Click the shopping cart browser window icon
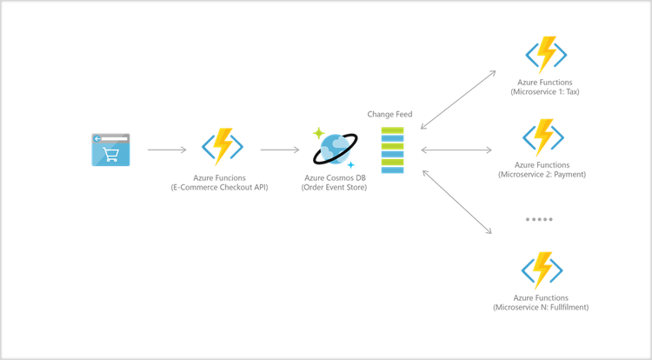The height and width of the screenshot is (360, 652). click(x=110, y=150)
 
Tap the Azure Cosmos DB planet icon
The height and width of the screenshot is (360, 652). click(x=334, y=150)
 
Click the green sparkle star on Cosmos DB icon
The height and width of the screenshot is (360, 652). click(x=318, y=133)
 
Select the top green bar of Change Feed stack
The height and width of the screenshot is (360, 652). click(x=393, y=130)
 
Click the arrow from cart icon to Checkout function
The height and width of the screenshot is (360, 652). click(x=166, y=150)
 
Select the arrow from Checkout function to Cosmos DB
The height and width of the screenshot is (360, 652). click(x=277, y=150)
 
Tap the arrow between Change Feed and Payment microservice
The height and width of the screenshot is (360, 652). click(x=457, y=150)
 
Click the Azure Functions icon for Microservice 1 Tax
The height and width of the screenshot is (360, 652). click(x=546, y=55)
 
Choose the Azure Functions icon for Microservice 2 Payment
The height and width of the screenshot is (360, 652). click(x=544, y=137)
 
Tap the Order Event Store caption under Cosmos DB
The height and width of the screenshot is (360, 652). click(x=335, y=187)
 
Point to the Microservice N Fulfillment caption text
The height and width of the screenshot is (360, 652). click(x=542, y=307)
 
